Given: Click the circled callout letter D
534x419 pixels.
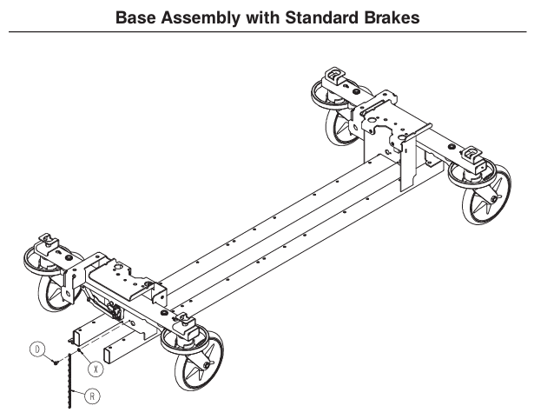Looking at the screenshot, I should [x=38, y=349].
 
